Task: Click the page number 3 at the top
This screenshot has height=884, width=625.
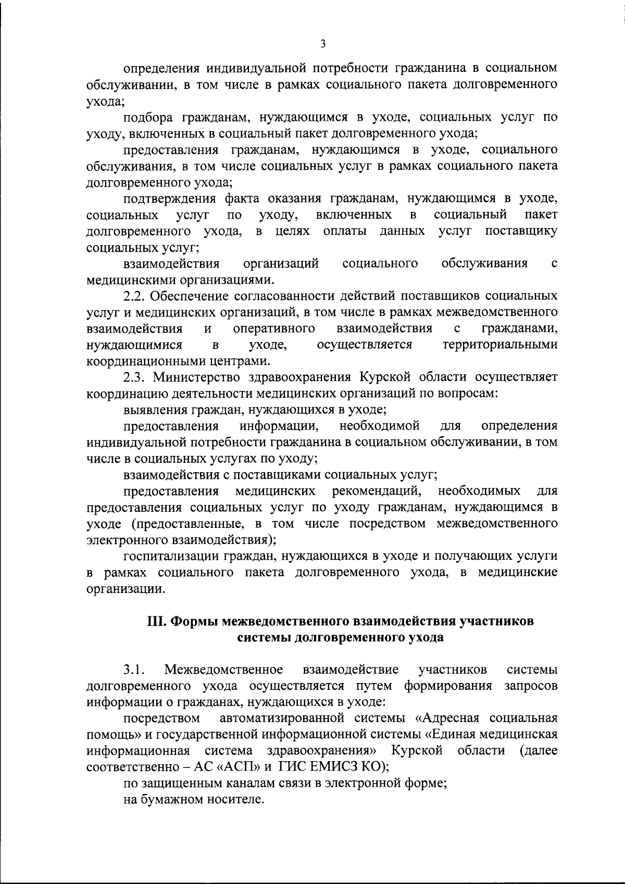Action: [x=323, y=45]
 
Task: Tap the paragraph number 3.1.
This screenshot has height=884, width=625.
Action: [x=134, y=669]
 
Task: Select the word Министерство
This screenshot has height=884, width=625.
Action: [x=196, y=377]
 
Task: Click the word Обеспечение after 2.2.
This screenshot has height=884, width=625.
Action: [x=192, y=296]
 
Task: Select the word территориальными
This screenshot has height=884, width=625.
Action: [x=499, y=345]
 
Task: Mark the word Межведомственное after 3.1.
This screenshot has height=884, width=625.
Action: [x=223, y=669]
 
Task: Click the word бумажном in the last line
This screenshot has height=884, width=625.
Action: [x=168, y=799]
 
